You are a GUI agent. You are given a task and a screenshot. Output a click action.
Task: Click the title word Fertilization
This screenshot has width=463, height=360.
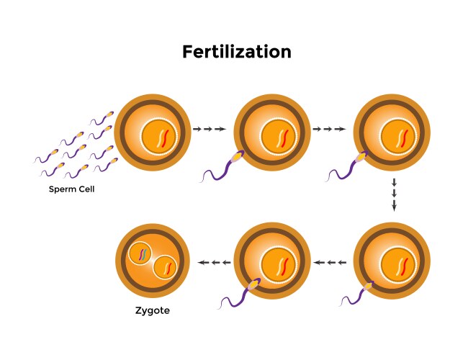click(237, 53)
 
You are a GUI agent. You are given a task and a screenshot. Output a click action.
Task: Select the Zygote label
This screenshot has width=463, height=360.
click(153, 312)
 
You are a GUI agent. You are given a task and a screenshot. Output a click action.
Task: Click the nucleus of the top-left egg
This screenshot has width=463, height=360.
click(161, 136)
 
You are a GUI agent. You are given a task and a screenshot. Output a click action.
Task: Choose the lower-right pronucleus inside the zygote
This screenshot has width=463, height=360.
click(166, 268)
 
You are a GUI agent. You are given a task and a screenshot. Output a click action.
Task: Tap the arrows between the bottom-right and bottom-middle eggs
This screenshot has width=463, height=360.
click(332, 262)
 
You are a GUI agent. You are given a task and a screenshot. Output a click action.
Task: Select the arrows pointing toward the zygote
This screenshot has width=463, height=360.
click(214, 262)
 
